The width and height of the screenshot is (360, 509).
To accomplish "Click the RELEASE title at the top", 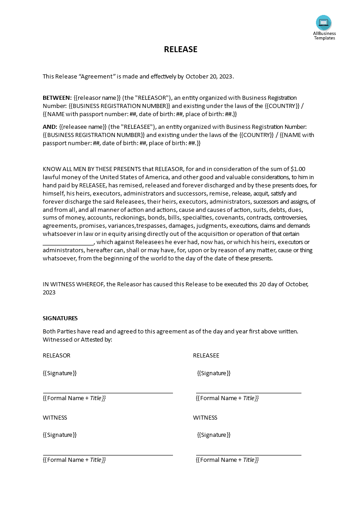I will coord(180,49).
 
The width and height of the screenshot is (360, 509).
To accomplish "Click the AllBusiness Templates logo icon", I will coord(324,23).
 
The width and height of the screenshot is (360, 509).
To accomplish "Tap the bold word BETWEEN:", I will coord(57,98).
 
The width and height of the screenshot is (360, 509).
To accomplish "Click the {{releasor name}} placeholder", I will coord(97,98).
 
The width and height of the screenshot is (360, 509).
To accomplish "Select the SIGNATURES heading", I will coord(60,318).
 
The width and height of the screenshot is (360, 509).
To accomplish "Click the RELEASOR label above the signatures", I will coord(56,355).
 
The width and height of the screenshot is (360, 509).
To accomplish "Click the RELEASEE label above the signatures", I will coord(206,355).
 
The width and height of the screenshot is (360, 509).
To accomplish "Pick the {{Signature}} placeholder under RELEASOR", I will coord(59,373).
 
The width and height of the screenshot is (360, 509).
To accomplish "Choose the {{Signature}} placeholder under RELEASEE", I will coord(213,373).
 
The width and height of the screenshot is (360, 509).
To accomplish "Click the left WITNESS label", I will coord(54,417).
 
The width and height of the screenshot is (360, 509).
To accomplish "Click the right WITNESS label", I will coord(205,417).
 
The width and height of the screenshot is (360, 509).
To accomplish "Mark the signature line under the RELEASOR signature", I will coord(108,393).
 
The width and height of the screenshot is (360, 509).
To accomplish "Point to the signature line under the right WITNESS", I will coord(248,455).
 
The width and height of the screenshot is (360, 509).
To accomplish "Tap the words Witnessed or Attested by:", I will coord(77,339).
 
